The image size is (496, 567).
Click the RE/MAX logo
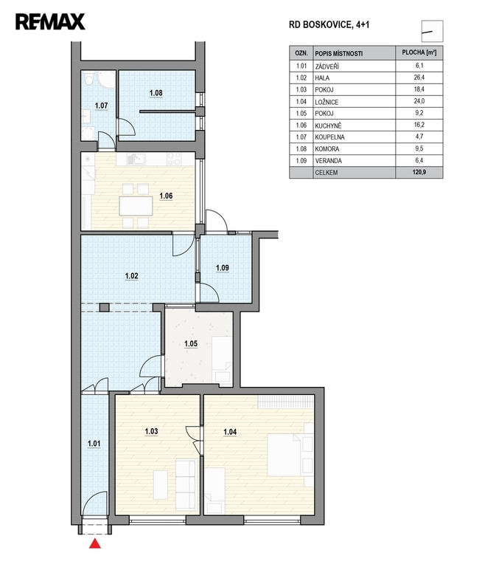pyautogui.click(x=50, y=21)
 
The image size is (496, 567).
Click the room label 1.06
pyautogui.click(x=166, y=196)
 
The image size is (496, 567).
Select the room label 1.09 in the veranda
pyautogui.click(x=223, y=268)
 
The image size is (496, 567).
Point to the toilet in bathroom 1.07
pyautogui.click(x=88, y=80)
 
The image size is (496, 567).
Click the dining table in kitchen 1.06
pyautogui.click(x=136, y=206)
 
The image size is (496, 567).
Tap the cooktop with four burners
pyautogui.click(x=175, y=159)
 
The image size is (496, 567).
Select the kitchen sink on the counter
pyautogui.click(x=136, y=159)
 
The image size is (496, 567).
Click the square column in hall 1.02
pyautogui.click(x=105, y=307)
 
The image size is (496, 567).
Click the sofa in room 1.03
pyautogui.click(x=186, y=484)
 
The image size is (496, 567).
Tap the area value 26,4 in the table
pyautogui.click(x=419, y=78)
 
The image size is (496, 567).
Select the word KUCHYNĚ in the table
pyautogui.click(x=328, y=126)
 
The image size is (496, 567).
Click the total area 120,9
pyautogui.click(x=419, y=172)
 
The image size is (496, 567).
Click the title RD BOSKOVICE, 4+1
pyautogui.click(x=329, y=24)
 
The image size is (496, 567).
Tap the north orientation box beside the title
pyautogui.click(x=432, y=31)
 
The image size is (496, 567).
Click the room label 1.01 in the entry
pyautogui.click(x=94, y=443)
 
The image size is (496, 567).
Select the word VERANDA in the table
pyautogui.click(x=328, y=161)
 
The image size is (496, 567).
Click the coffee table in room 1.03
pyautogui.click(x=160, y=484)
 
